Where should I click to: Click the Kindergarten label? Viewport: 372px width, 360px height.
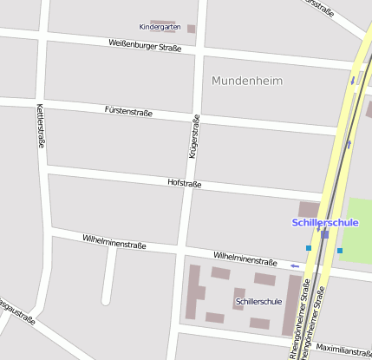(x=160, y=27)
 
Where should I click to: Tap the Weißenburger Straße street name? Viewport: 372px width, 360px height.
(x=145, y=45)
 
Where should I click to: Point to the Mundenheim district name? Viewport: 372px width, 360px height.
(x=247, y=81)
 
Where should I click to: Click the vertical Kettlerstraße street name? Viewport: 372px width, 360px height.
(x=40, y=126)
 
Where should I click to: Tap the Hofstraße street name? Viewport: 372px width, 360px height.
(x=184, y=183)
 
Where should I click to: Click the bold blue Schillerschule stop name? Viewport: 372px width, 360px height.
(x=325, y=222)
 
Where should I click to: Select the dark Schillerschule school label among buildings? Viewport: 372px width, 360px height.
(x=258, y=302)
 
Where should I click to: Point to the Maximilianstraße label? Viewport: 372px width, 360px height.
(x=343, y=351)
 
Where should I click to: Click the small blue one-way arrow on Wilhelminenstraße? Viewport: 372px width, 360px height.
(x=296, y=265)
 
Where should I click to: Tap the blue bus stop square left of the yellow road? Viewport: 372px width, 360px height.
(x=308, y=248)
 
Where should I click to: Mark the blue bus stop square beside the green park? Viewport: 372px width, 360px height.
(x=340, y=252)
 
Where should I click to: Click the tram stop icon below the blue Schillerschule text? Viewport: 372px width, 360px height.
(x=324, y=234)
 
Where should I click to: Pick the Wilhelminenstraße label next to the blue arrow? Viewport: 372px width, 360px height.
(x=245, y=258)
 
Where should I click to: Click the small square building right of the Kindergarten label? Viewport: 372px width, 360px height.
(x=192, y=29)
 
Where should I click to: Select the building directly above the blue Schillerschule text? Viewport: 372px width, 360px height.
(x=309, y=208)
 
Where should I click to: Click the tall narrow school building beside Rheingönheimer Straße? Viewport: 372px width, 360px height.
(x=291, y=306)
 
